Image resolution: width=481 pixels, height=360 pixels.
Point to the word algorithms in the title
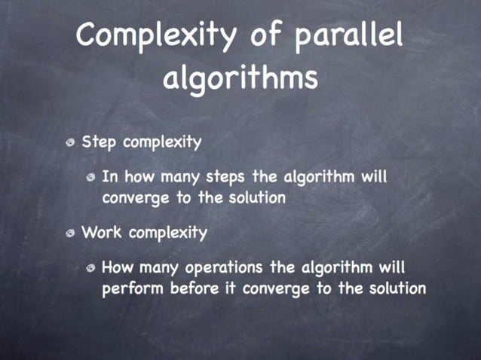coord(240,79)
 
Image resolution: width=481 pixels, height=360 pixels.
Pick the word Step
coord(98,142)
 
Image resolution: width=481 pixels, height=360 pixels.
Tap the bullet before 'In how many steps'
coord(90,178)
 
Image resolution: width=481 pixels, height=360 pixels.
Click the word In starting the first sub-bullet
coord(109,178)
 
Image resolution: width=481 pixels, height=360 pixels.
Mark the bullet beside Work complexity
coord(70,233)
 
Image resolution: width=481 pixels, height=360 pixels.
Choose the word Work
coord(102,232)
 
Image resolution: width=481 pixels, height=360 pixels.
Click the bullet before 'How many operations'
coord(90,268)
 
